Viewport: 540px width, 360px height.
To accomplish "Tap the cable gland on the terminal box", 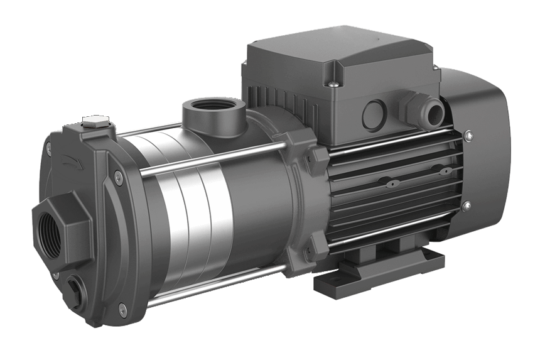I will (411, 101).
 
